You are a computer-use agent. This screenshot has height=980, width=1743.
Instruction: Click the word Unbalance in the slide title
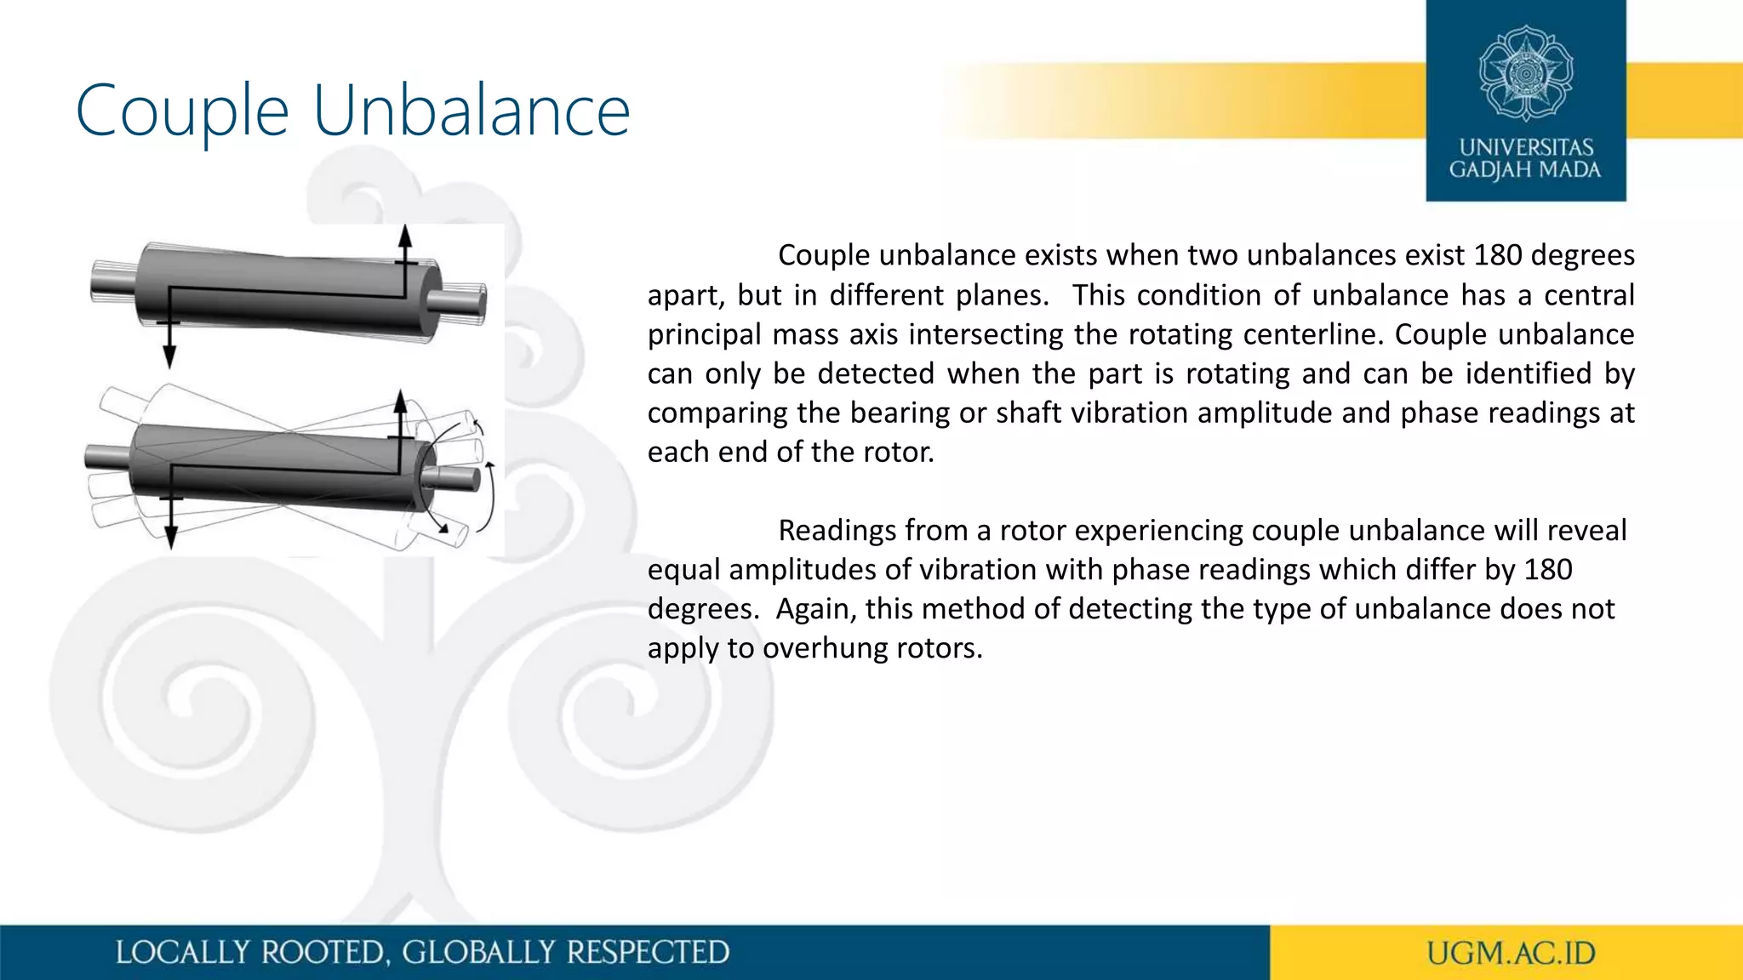coord(471,111)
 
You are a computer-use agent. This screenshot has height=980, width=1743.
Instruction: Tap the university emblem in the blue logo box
coord(1525,74)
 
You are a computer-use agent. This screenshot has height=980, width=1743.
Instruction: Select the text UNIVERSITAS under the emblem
coord(1526,147)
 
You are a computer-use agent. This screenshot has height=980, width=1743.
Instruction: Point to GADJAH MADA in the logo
coord(1525,170)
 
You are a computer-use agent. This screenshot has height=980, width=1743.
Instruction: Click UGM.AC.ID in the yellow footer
coord(1511,953)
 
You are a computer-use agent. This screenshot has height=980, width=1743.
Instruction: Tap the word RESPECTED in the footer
coord(648,953)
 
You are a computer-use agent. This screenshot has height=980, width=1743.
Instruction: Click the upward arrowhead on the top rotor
coord(406,236)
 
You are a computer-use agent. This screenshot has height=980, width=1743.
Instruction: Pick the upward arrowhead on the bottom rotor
coord(401,401)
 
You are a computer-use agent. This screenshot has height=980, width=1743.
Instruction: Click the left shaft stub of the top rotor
coord(113,281)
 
